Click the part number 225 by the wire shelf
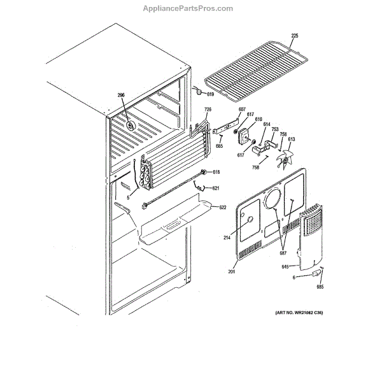(x=295, y=36)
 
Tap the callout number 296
(x=120, y=96)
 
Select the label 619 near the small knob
(x=211, y=93)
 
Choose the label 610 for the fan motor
(x=258, y=120)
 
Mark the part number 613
(x=291, y=139)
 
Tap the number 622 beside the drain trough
(x=223, y=208)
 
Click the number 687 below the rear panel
(x=283, y=253)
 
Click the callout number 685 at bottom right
(x=320, y=286)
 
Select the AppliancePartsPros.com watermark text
(x=190, y=8)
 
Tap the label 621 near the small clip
(x=216, y=188)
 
